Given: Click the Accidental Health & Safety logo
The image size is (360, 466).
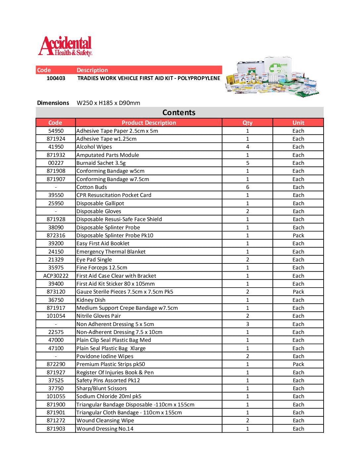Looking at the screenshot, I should click(x=65, y=46).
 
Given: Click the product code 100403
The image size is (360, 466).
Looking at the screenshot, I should click(x=56, y=78).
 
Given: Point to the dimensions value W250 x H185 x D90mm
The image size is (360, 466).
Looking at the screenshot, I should click(x=108, y=103).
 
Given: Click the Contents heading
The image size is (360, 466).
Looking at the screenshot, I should click(x=179, y=113).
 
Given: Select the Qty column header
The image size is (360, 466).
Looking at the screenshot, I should click(x=247, y=123).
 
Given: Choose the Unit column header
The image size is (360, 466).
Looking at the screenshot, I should click(x=298, y=123).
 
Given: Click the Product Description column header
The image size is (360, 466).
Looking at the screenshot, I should click(x=149, y=123).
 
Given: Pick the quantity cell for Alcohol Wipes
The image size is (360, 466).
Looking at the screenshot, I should click(x=247, y=147).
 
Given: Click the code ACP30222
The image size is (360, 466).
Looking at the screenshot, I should click(x=56, y=276).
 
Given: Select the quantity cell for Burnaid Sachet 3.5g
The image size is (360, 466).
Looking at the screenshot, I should click(x=247, y=163).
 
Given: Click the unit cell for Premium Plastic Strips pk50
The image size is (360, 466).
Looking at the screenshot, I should click(x=298, y=364).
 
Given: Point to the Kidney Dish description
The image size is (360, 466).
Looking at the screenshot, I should click(x=91, y=300).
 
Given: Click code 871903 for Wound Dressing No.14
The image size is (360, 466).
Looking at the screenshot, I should click(x=56, y=429).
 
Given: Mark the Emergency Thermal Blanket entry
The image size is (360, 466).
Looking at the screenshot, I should click(x=111, y=252).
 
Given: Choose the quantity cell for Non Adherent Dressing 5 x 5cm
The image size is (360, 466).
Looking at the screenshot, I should click(x=247, y=324).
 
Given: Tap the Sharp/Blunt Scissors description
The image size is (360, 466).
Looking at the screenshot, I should click(x=102, y=389).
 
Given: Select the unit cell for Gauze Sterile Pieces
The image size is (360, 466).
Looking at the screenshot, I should click(x=298, y=292).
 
